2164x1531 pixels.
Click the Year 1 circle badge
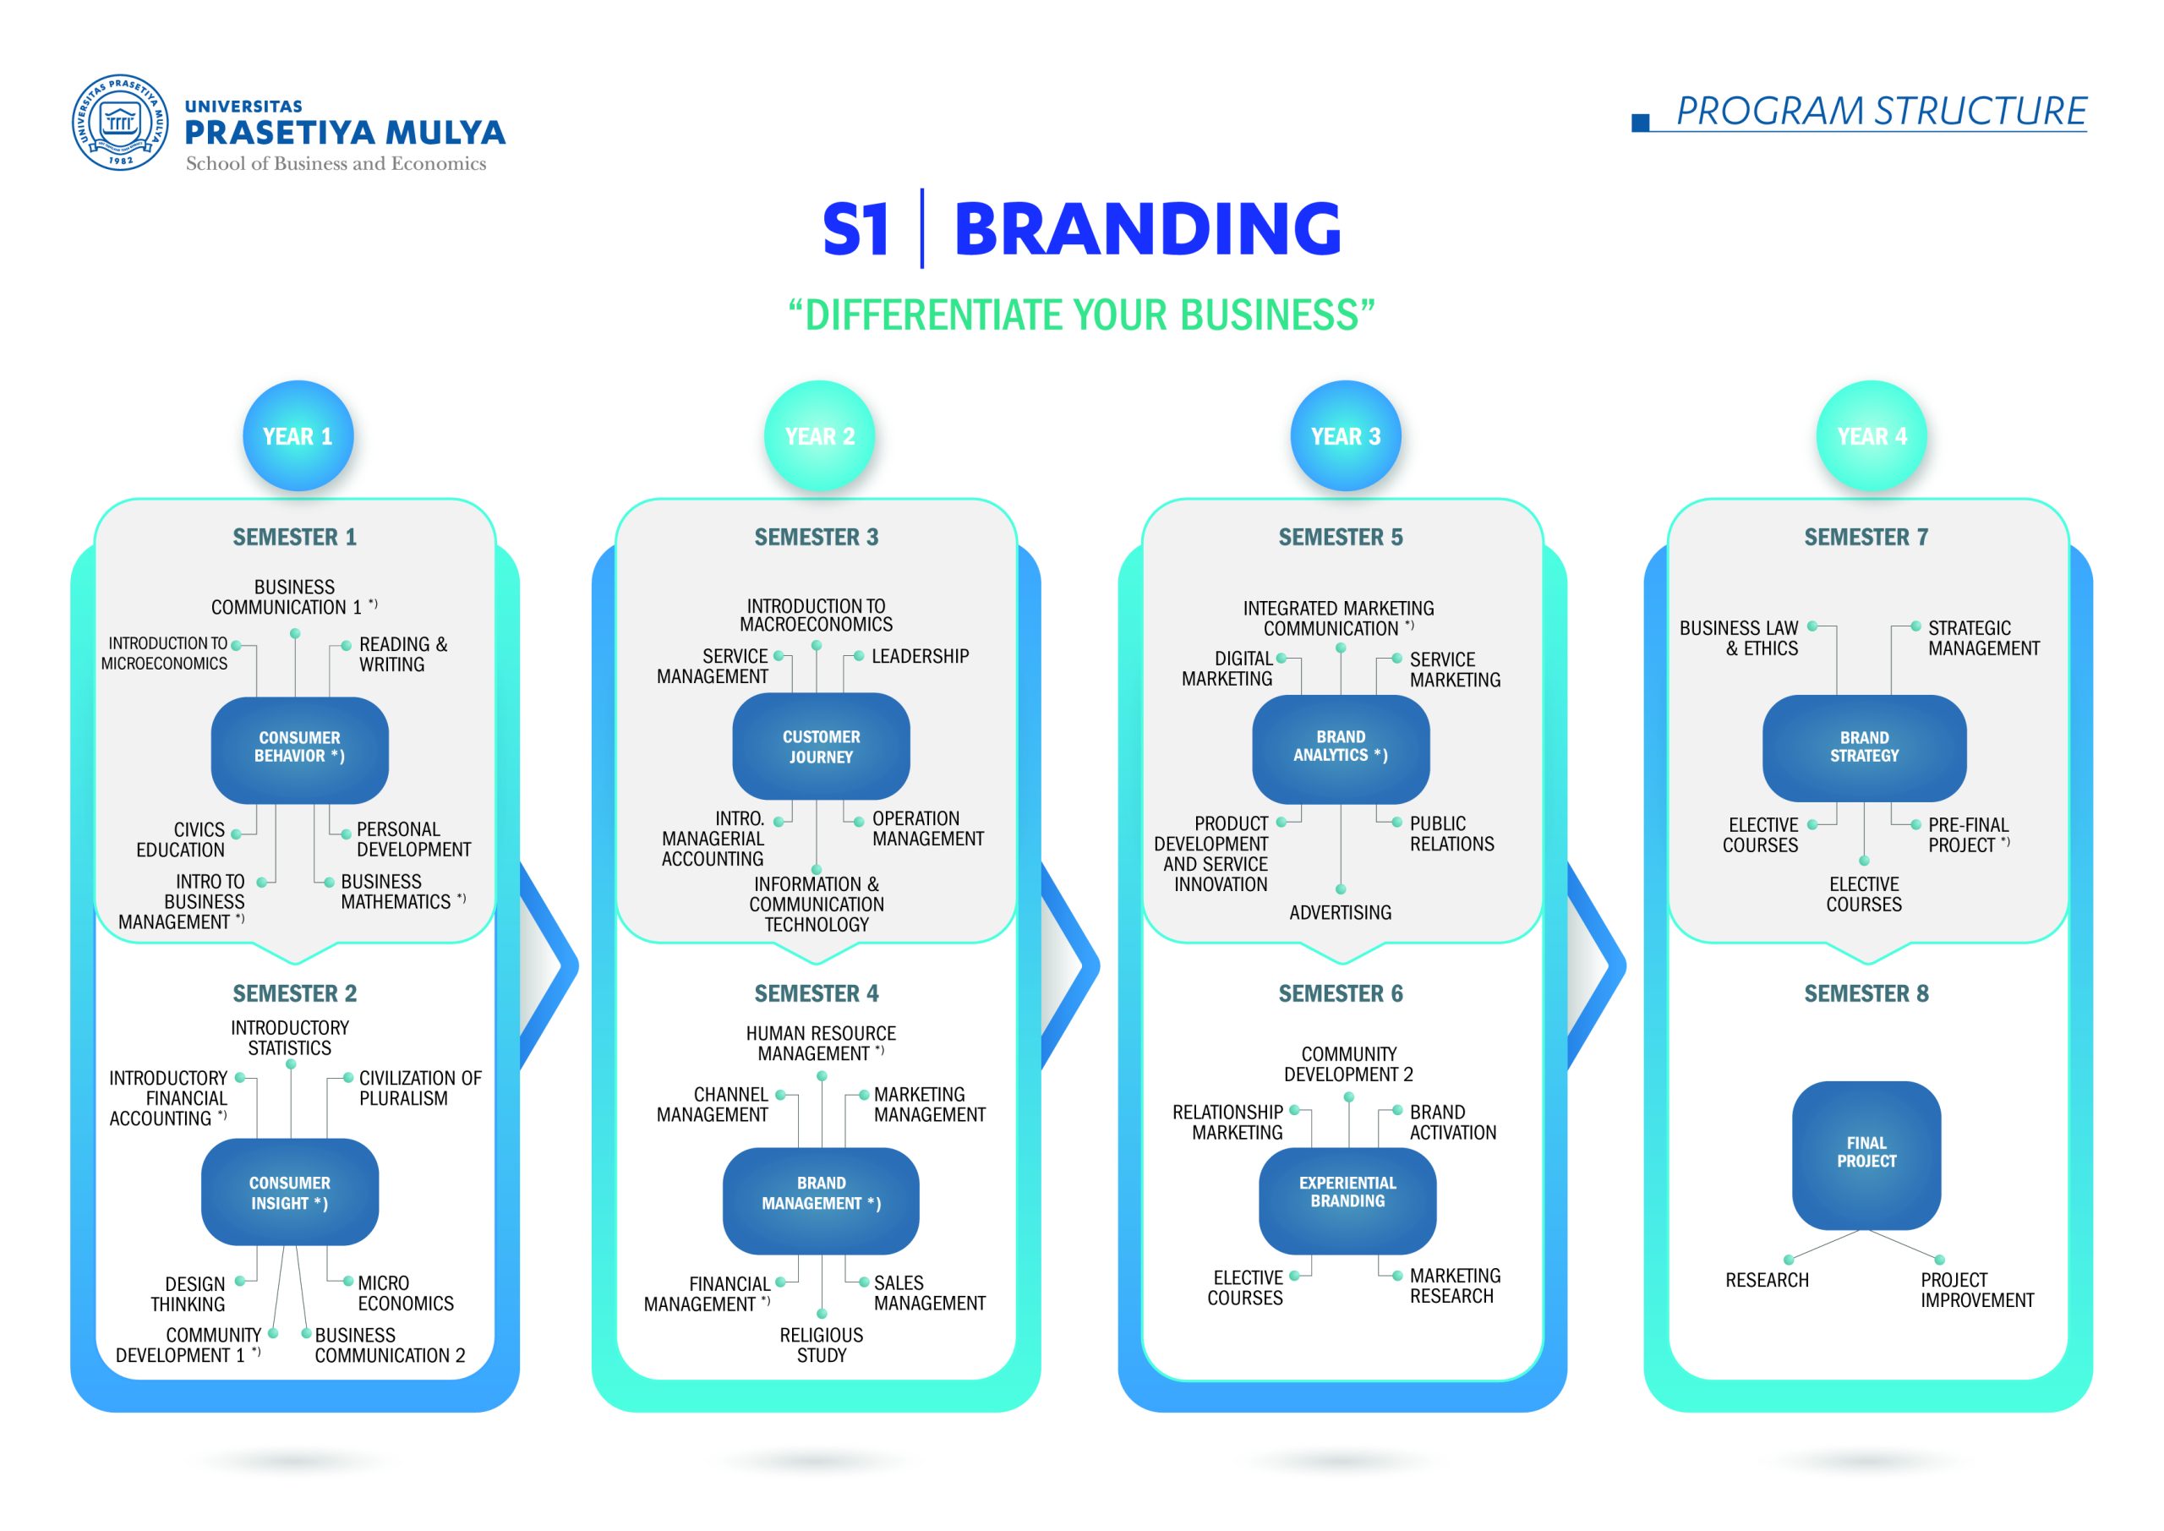(x=298, y=435)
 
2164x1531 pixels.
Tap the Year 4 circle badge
(x=1872, y=435)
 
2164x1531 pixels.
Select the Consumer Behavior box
(x=300, y=750)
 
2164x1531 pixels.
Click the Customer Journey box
(x=821, y=746)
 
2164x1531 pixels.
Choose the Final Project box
(x=1866, y=1155)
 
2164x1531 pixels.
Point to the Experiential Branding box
(x=1347, y=1200)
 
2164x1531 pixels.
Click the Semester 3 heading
(x=817, y=538)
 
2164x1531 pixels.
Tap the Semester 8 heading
(x=1866, y=993)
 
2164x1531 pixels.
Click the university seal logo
(x=121, y=123)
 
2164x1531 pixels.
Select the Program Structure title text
(x=1882, y=112)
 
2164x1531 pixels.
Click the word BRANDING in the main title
(x=1147, y=228)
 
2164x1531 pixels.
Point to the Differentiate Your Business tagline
(x=1081, y=314)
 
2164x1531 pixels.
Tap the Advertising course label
(x=1341, y=912)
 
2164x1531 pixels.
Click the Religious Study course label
(x=821, y=1345)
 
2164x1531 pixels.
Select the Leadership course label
(x=920, y=656)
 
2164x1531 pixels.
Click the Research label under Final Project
(x=1768, y=1280)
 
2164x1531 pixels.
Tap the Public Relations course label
(x=1451, y=834)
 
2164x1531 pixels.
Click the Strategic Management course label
(x=1984, y=638)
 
